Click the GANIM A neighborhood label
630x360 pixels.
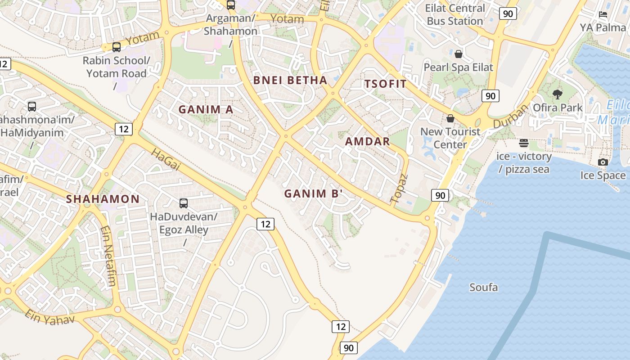[206, 109]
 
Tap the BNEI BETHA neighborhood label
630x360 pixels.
[290, 81]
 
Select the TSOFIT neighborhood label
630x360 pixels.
[385, 84]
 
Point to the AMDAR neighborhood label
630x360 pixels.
[367, 142]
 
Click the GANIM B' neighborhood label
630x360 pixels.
[313, 194]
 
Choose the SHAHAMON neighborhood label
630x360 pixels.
[103, 199]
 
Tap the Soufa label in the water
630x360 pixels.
[483, 287]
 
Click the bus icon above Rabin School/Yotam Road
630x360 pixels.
[116, 47]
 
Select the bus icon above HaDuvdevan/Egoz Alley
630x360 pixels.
[183, 203]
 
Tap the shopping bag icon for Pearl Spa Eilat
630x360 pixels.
[458, 54]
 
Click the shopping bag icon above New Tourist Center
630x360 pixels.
[450, 118]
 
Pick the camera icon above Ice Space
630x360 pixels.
[603, 162]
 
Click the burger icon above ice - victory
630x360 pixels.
[523, 143]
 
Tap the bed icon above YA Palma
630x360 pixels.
[603, 14]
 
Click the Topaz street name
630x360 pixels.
[399, 188]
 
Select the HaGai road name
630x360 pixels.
[166, 160]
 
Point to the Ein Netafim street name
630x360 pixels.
[108, 256]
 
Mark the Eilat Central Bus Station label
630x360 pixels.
[455, 14]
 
